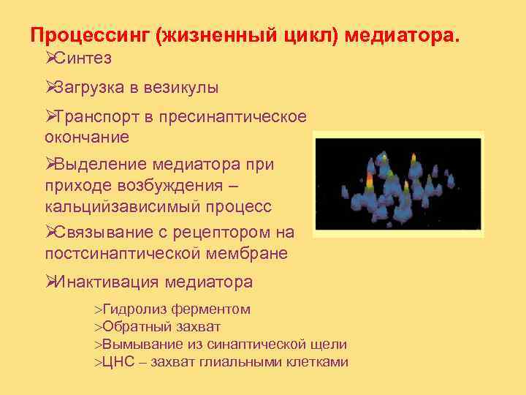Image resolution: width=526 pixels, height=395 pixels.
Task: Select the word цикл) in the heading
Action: [307, 36]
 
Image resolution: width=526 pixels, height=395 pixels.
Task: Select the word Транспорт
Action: [99, 118]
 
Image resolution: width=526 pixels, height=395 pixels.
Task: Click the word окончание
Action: [86, 137]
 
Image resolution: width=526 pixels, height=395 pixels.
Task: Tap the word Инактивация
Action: [107, 282]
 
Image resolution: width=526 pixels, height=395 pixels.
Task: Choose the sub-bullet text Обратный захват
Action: [161, 327]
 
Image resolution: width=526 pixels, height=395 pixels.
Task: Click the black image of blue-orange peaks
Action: [398, 184]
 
